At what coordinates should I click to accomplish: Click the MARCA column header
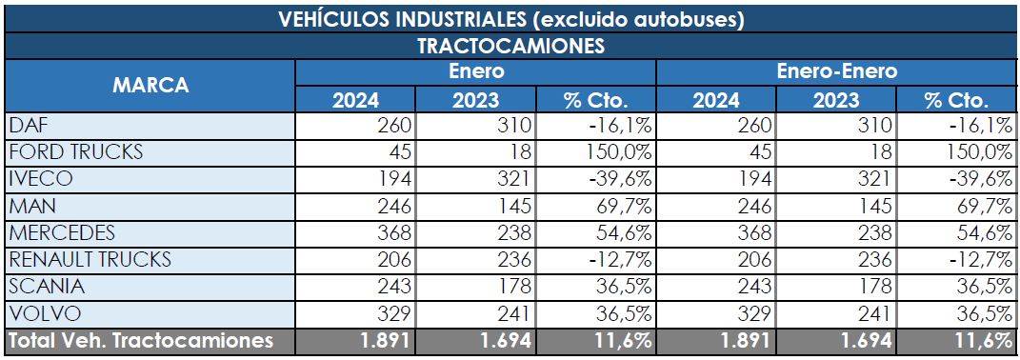click(150, 86)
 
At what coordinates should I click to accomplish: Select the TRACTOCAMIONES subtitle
click(511, 46)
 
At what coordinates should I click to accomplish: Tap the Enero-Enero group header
click(836, 72)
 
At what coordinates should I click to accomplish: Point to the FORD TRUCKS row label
click(75, 152)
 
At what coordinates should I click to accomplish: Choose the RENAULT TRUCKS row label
click(90, 259)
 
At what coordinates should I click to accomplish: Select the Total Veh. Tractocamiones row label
click(141, 340)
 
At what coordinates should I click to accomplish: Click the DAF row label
click(27, 126)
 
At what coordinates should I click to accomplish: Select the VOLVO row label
click(43, 312)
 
